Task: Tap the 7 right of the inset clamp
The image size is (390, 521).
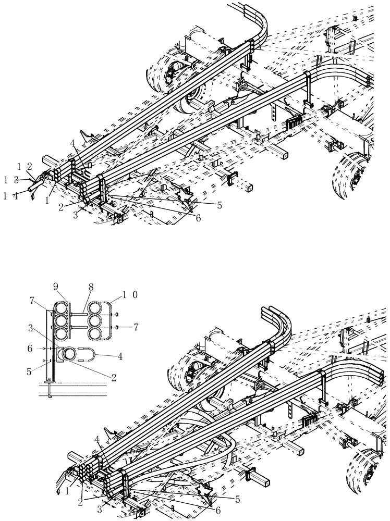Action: [136, 327]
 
